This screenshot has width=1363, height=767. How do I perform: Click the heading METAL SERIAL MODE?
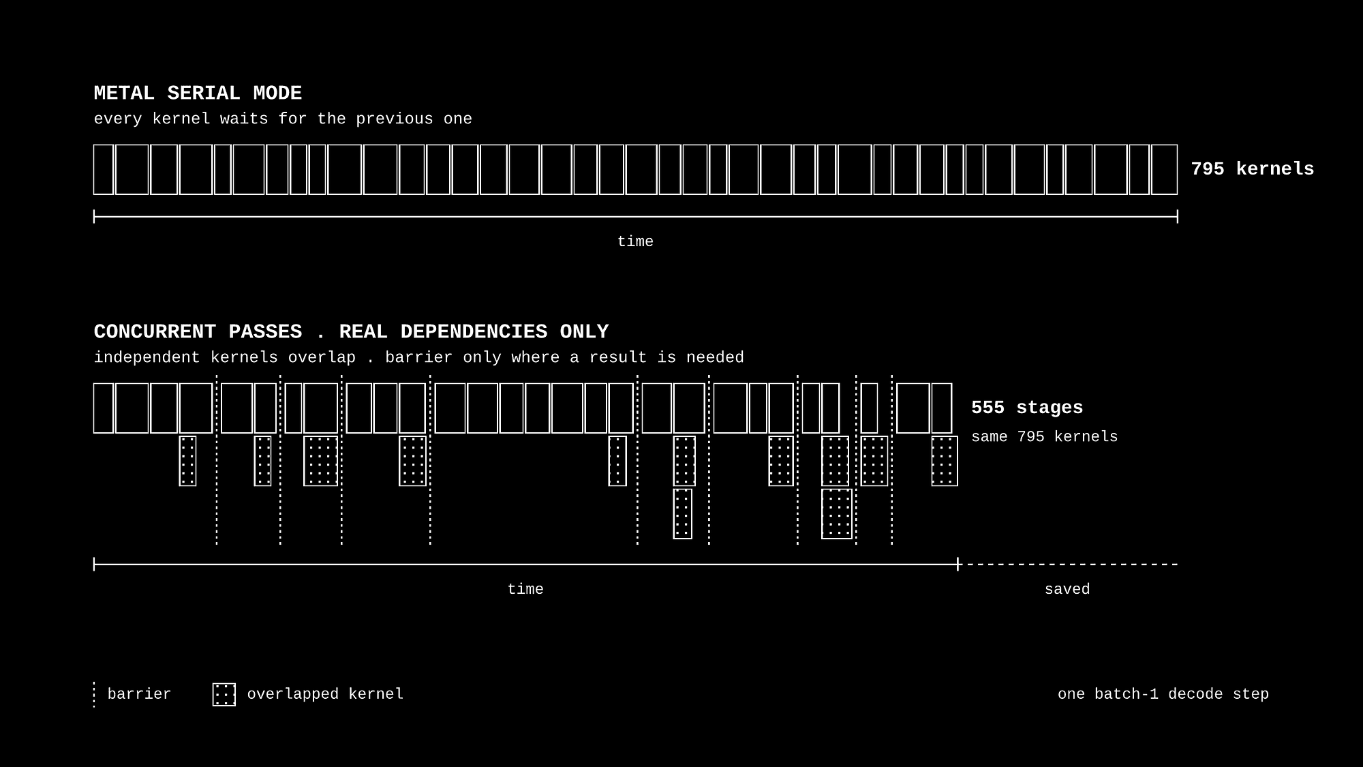click(198, 93)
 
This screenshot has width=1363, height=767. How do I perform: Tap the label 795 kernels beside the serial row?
click(1253, 169)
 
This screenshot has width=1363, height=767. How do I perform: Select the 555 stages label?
click(1027, 408)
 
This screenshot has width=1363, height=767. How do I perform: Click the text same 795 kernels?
click(1045, 437)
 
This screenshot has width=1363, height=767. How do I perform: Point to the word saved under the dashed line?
click(1067, 589)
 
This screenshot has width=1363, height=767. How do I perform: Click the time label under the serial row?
click(635, 241)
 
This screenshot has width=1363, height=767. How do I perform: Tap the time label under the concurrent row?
click(525, 589)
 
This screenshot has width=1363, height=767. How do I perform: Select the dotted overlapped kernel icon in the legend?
click(224, 694)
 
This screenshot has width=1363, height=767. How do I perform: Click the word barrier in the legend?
click(139, 694)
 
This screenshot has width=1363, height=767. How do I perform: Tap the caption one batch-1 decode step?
click(1163, 694)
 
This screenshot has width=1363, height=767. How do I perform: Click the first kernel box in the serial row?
click(104, 169)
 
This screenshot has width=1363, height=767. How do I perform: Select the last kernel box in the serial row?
click(1164, 169)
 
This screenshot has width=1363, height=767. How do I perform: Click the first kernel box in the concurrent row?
click(104, 408)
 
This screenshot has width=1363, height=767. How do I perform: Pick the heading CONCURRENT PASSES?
click(198, 332)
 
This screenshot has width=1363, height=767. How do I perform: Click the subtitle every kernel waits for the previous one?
click(283, 119)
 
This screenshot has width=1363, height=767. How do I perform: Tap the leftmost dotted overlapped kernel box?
click(188, 461)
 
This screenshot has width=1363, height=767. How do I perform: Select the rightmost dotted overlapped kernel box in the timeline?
click(945, 461)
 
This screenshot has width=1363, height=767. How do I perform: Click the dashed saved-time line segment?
click(1069, 565)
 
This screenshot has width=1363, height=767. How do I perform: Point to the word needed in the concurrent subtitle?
click(715, 357)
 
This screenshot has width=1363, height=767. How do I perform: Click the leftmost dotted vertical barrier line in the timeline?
click(217, 460)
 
